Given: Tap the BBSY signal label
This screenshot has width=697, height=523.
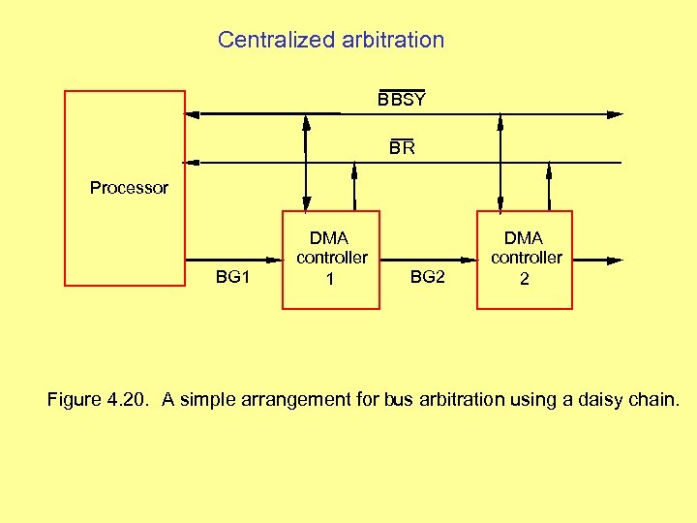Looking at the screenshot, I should [401, 100].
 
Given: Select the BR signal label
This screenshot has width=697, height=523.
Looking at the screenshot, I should [402, 148].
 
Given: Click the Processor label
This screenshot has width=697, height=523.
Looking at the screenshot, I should [129, 188].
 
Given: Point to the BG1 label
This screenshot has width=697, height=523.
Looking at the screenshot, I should [232, 277].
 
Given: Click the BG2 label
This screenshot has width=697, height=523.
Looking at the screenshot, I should [428, 277].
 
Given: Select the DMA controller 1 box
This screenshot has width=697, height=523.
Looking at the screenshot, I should [331, 260].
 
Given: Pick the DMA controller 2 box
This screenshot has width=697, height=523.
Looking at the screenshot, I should [525, 260].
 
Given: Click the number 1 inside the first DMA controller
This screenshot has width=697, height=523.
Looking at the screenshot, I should [330, 280].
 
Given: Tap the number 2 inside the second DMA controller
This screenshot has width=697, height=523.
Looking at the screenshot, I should [525, 279].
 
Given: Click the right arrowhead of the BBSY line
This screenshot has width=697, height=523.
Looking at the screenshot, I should [615, 114].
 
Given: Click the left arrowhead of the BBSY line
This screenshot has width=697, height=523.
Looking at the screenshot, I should [194, 114].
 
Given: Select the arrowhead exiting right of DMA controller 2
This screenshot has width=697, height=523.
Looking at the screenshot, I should [615, 261].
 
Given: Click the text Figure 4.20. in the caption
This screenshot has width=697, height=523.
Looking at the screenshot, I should [100, 399].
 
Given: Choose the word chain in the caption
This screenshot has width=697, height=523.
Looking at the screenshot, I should [654, 399].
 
